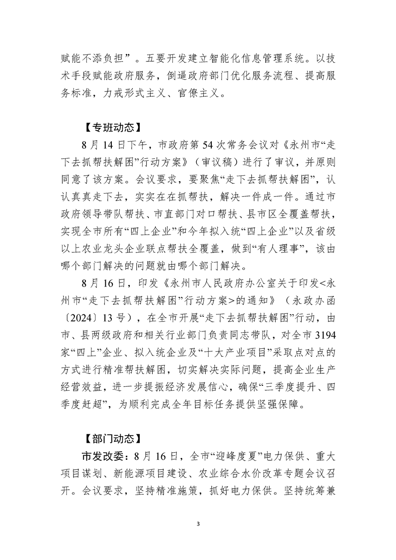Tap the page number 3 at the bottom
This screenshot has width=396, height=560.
click(198, 524)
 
